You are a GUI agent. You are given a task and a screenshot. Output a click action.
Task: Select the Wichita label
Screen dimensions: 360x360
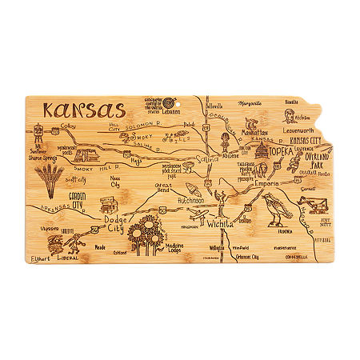[x=220, y=225]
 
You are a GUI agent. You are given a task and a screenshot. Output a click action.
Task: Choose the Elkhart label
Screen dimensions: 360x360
[x=39, y=259]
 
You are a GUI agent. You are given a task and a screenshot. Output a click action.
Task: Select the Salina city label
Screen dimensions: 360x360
[x=205, y=161]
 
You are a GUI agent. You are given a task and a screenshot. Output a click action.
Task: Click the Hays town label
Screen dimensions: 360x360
[x=136, y=160]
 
